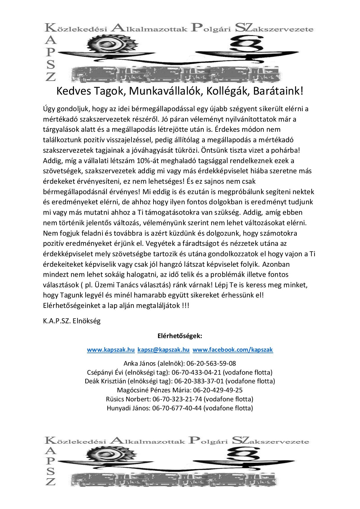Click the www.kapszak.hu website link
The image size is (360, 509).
pyautogui.click(x=111, y=350)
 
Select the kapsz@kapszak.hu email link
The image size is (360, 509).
pyautogui.click(x=163, y=350)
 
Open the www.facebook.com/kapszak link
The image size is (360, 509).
pyautogui.click(x=233, y=350)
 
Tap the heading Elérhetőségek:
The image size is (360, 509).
pyautogui.click(x=180, y=336)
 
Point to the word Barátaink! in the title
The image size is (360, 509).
pyautogui.click(x=278, y=91)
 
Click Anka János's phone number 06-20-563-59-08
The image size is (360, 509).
pyautogui.click(x=211, y=363)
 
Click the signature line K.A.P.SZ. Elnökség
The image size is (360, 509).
pyautogui.click(x=72, y=321)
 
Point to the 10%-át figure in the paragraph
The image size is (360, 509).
pyautogui.click(x=140, y=160)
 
